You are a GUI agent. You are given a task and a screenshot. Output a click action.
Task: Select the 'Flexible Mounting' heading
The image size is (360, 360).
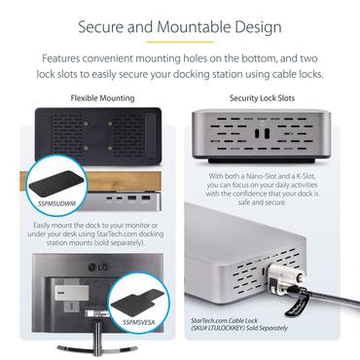pos(97,99)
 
